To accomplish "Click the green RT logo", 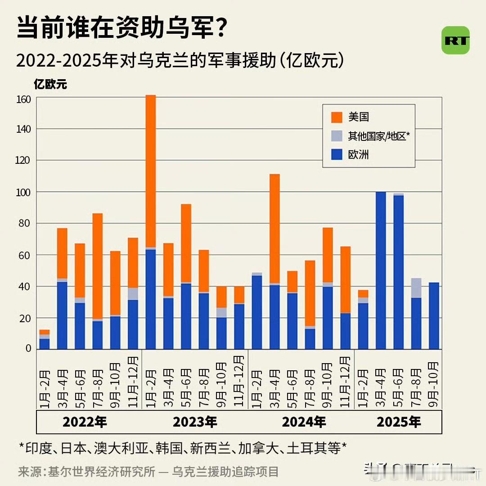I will (455, 40).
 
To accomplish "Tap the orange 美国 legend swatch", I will (337, 117).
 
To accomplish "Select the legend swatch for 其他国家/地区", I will (337, 136).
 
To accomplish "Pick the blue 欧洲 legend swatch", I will (337, 155).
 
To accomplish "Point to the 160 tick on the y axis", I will (25, 99).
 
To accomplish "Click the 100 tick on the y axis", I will (25, 192).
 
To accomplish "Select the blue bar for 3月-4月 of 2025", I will (381, 270).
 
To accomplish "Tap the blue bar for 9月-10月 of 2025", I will (434, 315).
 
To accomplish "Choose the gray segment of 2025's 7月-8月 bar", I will (416, 288).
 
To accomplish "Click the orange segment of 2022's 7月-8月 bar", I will (98, 265).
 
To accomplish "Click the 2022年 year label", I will (85, 422).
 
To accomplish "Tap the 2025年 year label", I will (399, 422).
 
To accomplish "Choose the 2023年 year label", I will (195, 422).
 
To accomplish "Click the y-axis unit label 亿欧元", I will (50, 84).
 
